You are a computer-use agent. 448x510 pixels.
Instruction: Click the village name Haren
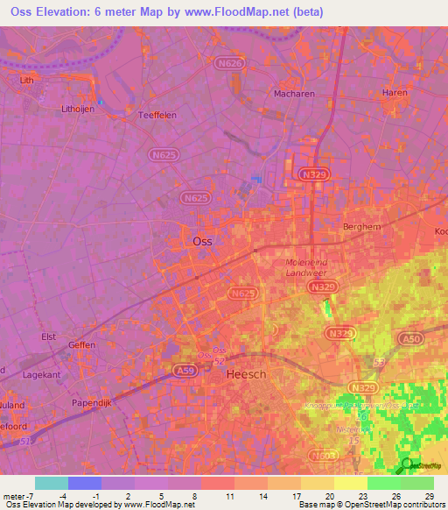coord(395,93)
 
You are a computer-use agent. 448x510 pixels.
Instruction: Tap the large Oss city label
coord(201,241)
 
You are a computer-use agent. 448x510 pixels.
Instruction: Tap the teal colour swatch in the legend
coord(52,483)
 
